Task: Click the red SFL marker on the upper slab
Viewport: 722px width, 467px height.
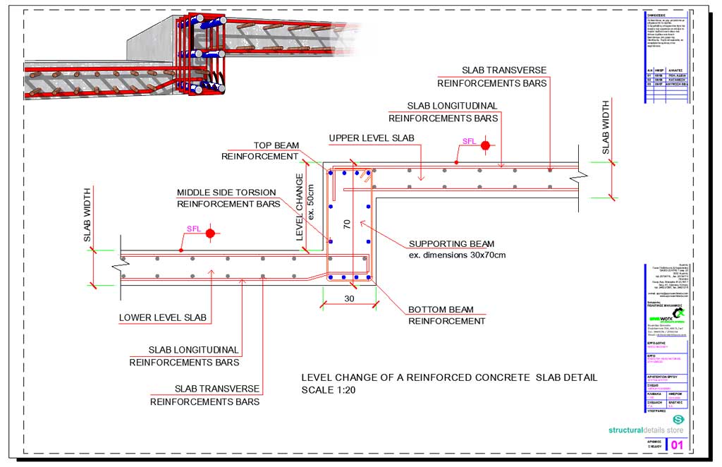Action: click(485, 146)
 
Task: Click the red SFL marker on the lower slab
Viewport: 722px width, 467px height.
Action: click(209, 233)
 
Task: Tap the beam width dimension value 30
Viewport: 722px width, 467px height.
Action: click(348, 298)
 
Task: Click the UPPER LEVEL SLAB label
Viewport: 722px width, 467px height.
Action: click(372, 138)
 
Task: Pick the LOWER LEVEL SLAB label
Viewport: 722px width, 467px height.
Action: click(163, 317)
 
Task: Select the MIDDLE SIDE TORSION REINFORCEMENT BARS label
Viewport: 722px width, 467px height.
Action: click(228, 198)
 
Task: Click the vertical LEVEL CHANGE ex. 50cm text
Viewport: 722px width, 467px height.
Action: click(305, 207)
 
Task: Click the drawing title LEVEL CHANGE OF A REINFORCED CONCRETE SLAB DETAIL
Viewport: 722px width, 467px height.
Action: click(449, 377)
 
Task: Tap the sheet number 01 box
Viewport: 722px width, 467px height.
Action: click(676, 445)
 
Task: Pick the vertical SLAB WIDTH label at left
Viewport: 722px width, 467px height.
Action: click(88, 215)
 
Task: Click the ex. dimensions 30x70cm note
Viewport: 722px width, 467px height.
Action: click(457, 255)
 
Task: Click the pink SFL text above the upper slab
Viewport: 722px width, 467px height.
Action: click(469, 141)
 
